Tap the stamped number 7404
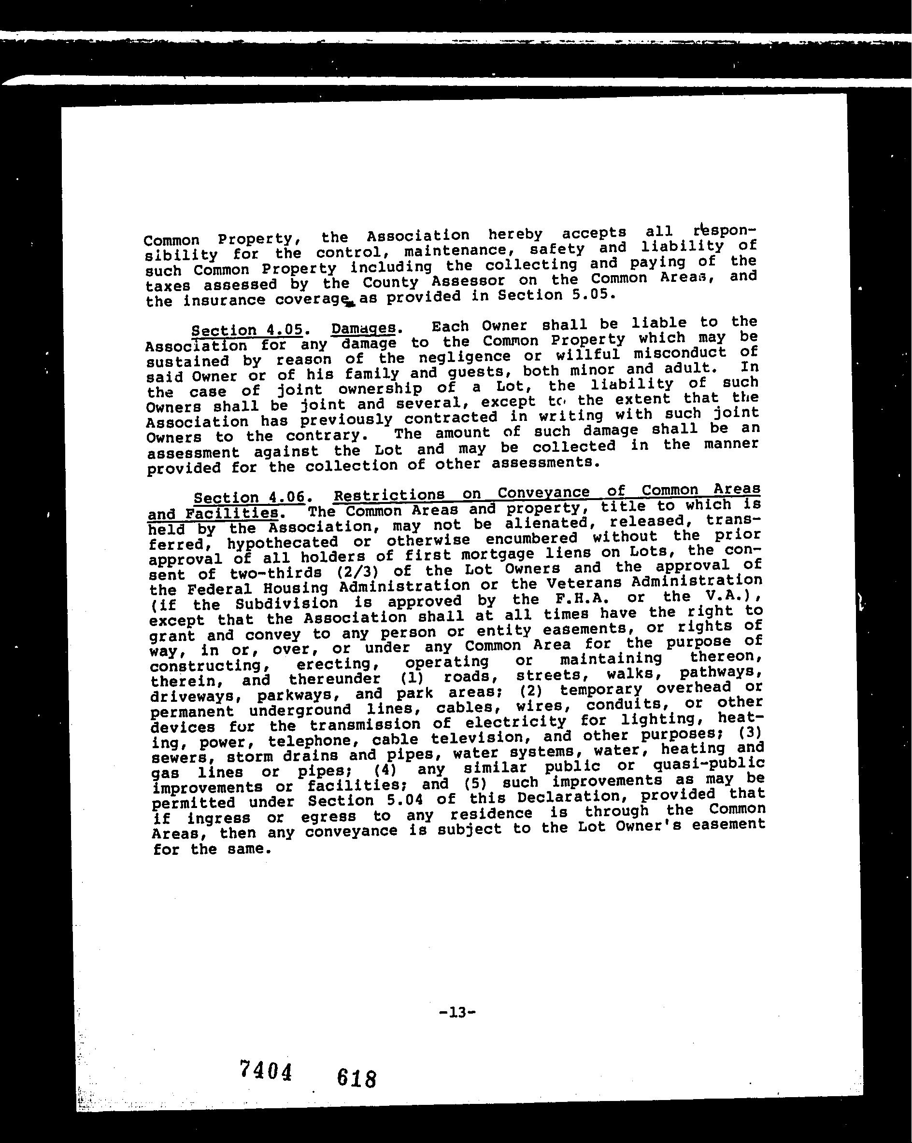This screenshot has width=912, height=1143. pos(266,1070)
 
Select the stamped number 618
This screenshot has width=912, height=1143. pos(356,1078)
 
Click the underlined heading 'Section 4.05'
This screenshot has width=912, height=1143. pos(247,330)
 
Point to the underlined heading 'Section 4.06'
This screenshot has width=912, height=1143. pos(249,498)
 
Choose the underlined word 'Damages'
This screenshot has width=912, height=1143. pos(363,328)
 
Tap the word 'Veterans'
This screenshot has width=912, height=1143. pos(584,584)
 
